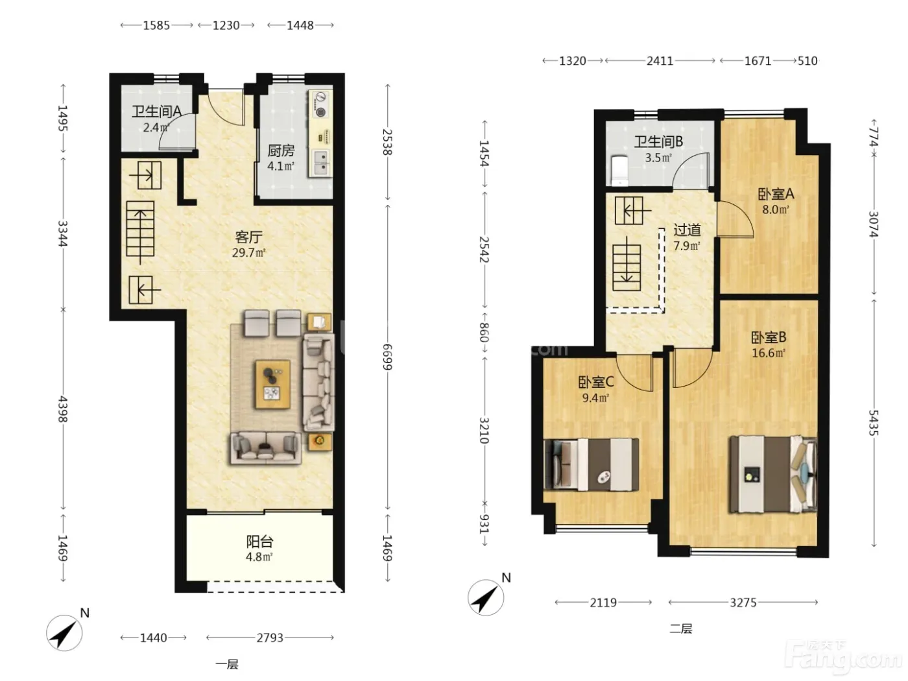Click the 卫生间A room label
[156, 112]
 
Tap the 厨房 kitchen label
[281, 151]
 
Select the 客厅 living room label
[248, 237]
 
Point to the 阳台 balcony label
[259, 542]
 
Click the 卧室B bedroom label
[769, 338]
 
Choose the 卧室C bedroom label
[595, 383]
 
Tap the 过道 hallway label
[687, 230]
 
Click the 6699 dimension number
[387, 357]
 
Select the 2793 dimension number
[270, 638]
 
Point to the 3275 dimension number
[743, 603]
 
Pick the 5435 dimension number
[873, 423]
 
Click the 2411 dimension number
[660, 61]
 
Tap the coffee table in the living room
[272, 385]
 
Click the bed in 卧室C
[591, 465]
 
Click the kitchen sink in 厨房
[322, 163]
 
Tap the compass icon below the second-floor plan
[486, 597]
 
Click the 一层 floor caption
[227, 664]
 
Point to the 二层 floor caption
[681, 629]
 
